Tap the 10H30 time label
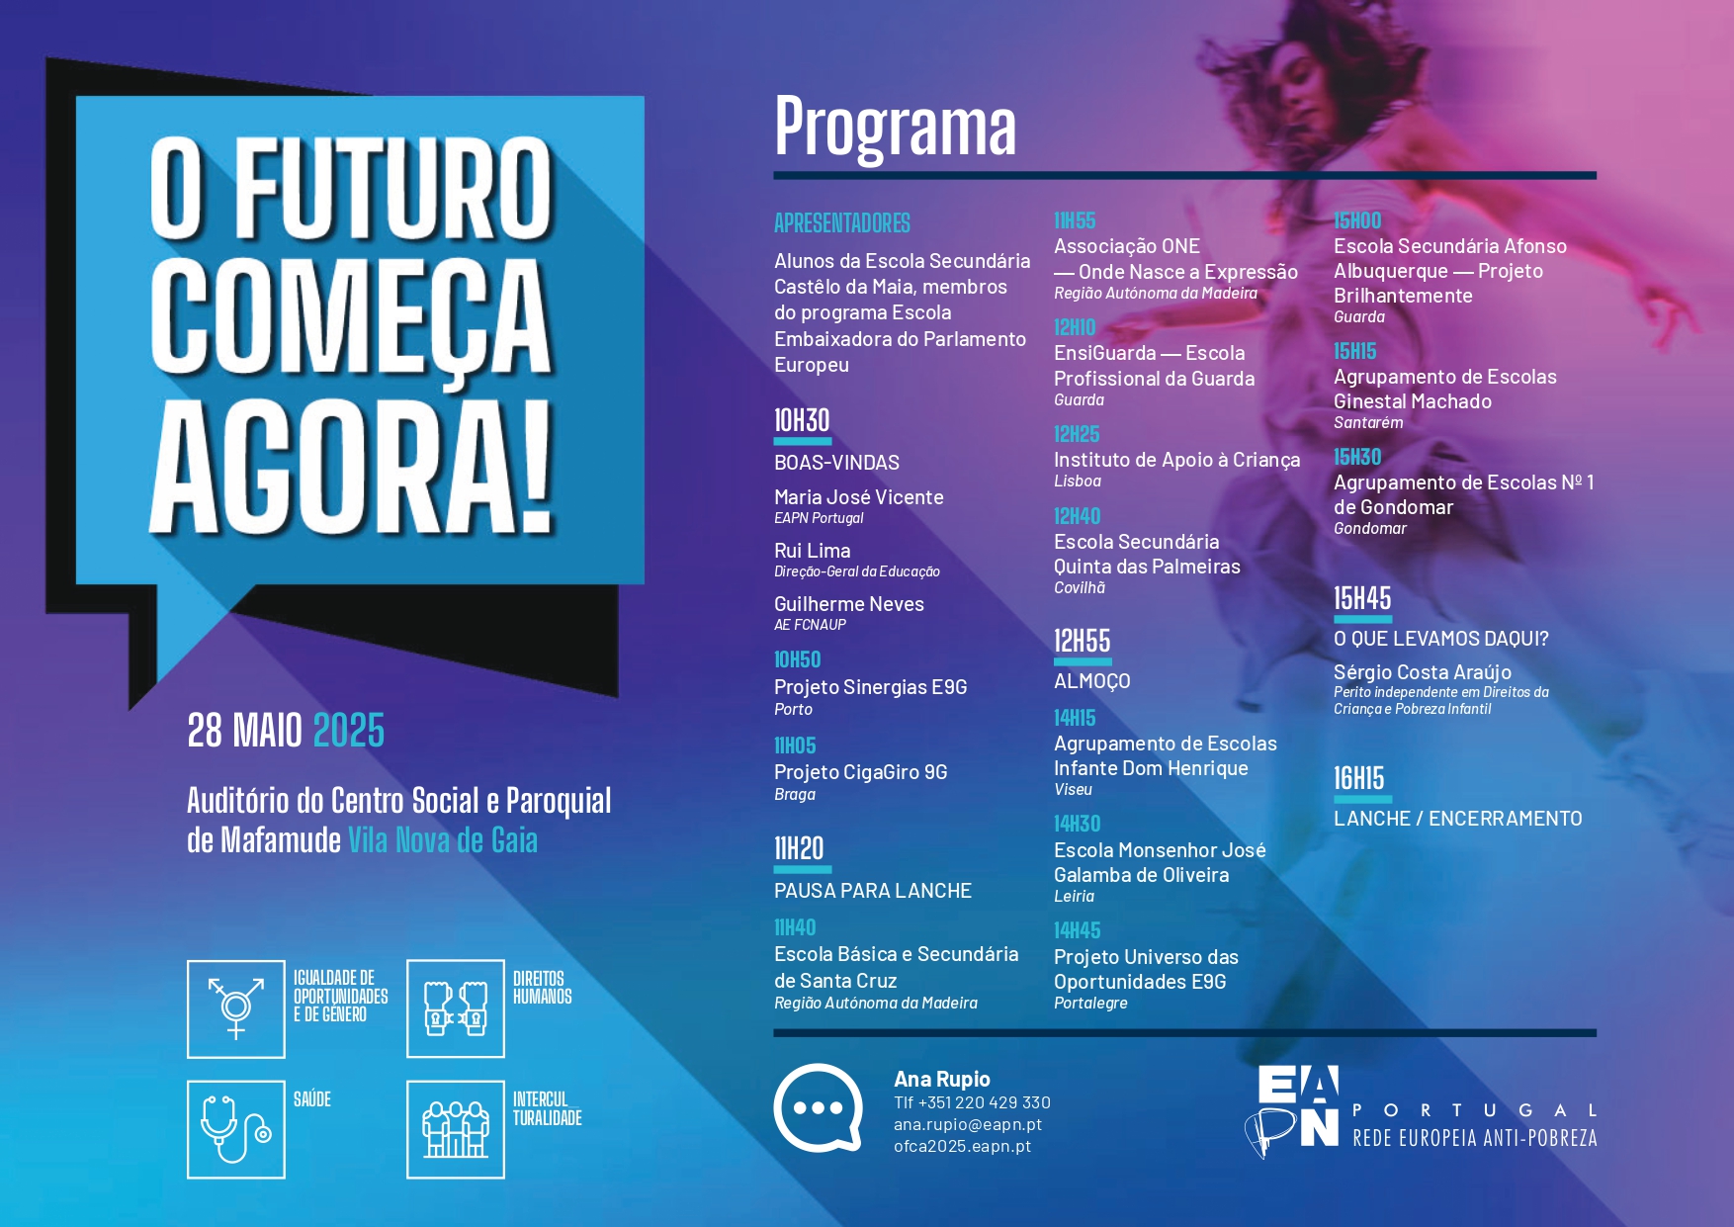[x=802, y=421]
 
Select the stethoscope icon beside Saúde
[x=236, y=1129]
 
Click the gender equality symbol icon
[x=236, y=1008]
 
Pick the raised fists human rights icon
[x=456, y=1008]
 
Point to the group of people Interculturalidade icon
[x=456, y=1129]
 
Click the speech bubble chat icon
[x=818, y=1108]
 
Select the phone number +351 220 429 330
[x=985, y=1102]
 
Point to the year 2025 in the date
[x=349, y=731]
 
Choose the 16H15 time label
[x=1359, y=779]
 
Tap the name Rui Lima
[x=813, y=551]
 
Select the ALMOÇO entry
[x=1092, y=681]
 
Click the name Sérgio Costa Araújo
[x=1423, y=672]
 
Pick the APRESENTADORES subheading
[x=842, y=223]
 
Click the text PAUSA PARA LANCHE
[x=873, y=891]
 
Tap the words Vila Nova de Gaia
[x=443, y=840]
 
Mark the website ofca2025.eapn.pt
[x=963, y=1147]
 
